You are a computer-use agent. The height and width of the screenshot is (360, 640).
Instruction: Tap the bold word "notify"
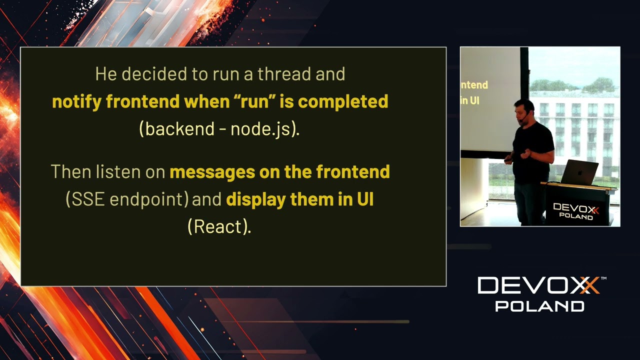point(77,101)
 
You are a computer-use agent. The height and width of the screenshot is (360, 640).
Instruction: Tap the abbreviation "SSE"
point(88,199)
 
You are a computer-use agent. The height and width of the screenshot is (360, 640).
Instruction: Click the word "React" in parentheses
point(218,227)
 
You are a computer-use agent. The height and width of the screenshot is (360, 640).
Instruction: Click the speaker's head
point(524,110)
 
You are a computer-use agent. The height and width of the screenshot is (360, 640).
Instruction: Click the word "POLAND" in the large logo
point(539,306)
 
